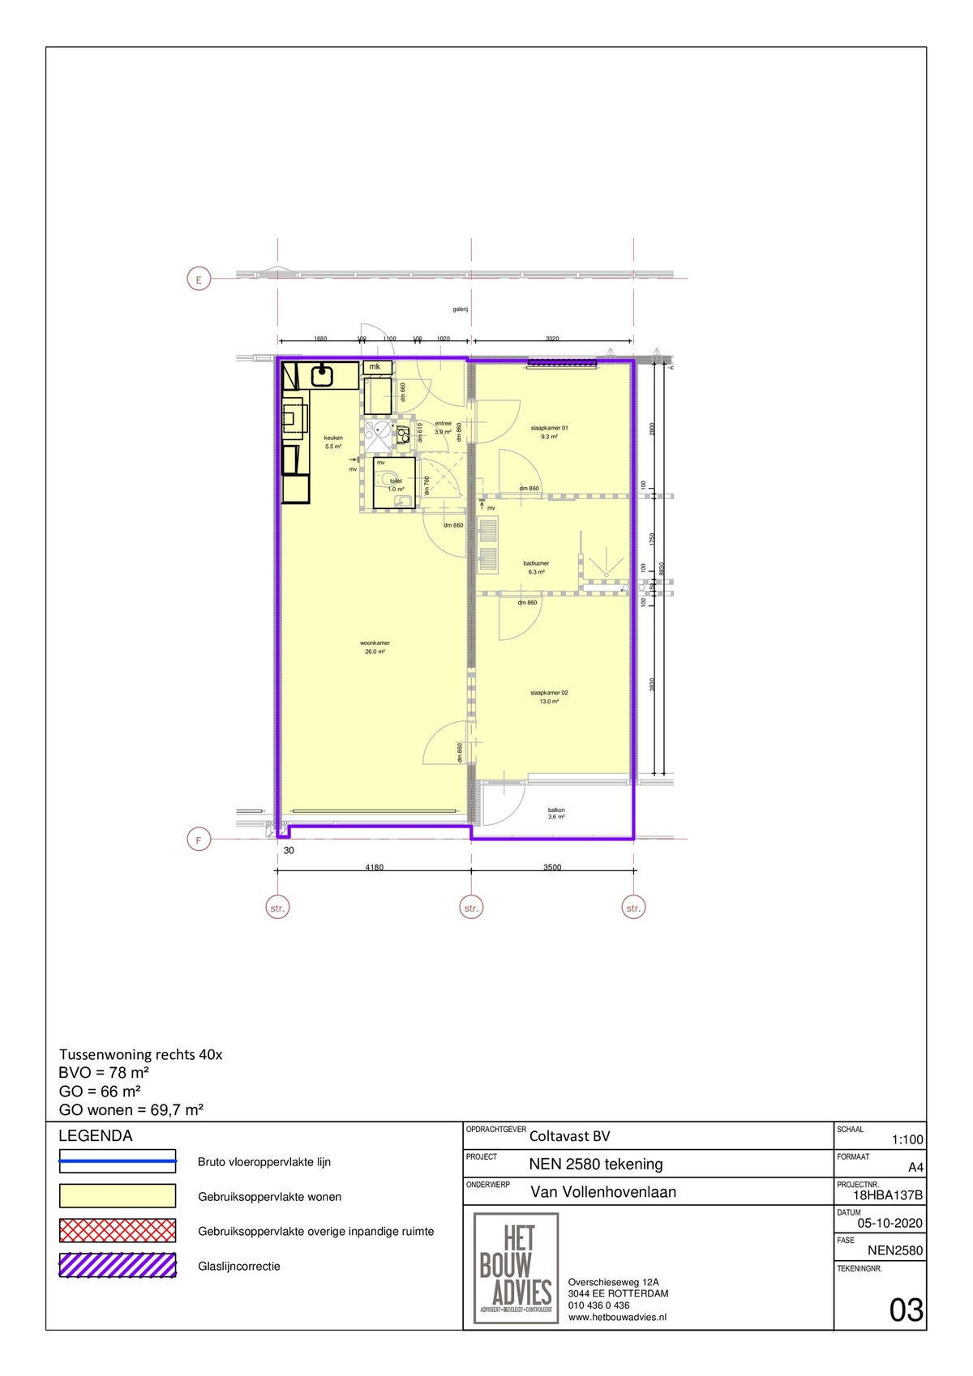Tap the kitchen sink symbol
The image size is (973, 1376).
click(x=323, y=375)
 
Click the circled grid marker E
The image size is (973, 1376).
click(x=199, y=280)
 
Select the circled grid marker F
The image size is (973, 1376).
click(x=199, y=840)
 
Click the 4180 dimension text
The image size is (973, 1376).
click(x=374, y=867)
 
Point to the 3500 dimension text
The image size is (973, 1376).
click(x=551, y=867)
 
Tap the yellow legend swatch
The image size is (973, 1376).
click(x=117, y=1196)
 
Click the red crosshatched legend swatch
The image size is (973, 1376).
click(x=117, y=1231)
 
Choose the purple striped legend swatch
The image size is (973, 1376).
click(x=117, y=1266)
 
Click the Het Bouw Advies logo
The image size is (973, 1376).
click(x=516, y=1268)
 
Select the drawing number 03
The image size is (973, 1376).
click(x=906, y=1310)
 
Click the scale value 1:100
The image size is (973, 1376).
click(x=907, y=1139)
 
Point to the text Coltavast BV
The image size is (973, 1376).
click(x=569, y=1136)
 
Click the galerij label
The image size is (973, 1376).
click(x=461, y=310)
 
